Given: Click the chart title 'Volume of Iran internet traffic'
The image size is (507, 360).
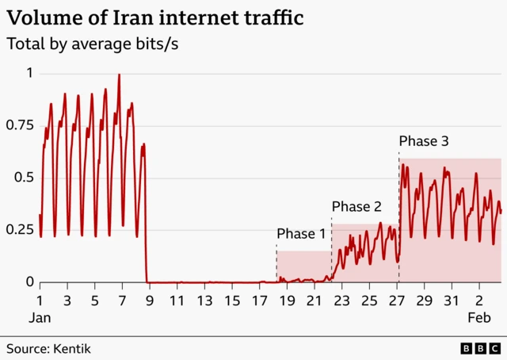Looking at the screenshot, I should point(155,18).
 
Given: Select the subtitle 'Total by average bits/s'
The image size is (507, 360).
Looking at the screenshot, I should point(93,44).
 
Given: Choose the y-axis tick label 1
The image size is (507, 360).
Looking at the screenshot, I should point(29,73).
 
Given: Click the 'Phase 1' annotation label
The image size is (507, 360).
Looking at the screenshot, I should point(301,234).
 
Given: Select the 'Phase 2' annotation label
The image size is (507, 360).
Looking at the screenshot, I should point(356,207).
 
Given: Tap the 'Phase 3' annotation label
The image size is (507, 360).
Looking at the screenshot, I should point(424,141).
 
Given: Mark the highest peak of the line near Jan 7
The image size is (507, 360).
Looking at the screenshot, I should point(119,75).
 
